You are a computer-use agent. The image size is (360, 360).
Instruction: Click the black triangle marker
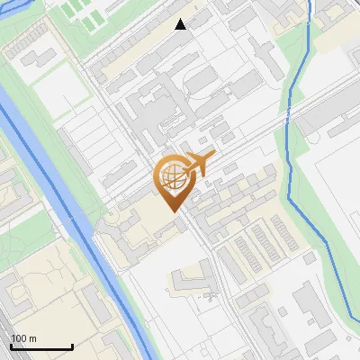pos(181,24)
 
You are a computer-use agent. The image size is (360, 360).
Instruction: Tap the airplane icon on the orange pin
pos(197,165)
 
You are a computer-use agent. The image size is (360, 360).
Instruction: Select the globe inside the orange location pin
pos(171,177)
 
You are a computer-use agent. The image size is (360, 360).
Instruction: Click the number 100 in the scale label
pos(20,338)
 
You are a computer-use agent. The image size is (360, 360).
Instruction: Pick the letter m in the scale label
pos(33,338)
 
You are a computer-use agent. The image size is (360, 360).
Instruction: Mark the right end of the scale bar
pos(72,346)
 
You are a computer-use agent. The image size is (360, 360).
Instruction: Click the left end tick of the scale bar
pos(11,346)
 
